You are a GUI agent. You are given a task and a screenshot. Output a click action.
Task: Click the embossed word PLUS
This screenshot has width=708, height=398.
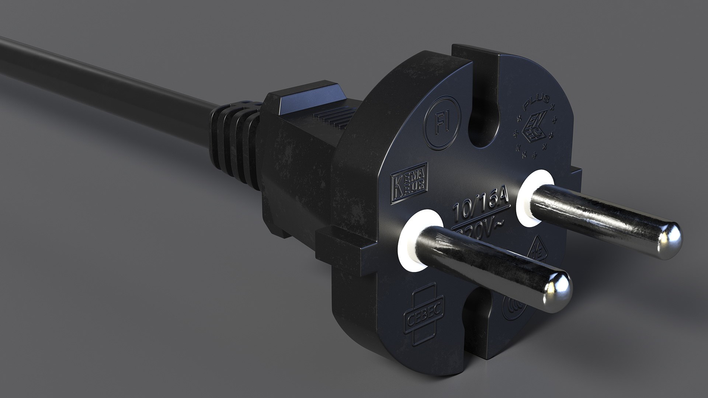coord(537,103)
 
